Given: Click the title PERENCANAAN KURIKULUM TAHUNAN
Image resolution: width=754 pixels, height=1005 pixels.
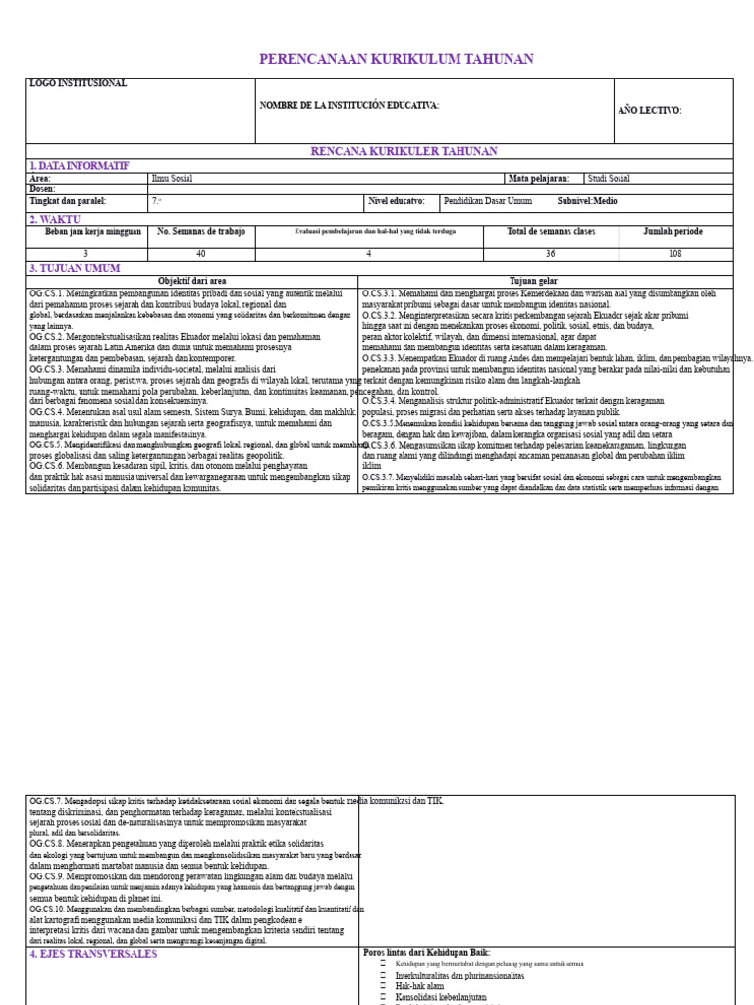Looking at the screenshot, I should tap(383, 60).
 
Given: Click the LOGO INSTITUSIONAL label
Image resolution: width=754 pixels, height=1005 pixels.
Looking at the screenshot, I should tap(79, 84).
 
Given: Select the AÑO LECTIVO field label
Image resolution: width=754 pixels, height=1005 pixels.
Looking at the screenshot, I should tap(649, 110).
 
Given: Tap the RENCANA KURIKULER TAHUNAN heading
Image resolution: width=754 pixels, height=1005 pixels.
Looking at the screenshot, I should tap(404, 151).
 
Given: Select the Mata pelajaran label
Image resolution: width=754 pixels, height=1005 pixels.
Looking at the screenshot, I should tap(538, 179).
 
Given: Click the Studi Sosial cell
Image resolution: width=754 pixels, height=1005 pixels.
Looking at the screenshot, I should tap(609, 179).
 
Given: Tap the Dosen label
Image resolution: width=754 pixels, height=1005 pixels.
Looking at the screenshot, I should tap(43, 189).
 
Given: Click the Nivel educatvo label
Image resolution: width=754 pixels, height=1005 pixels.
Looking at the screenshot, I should tap(397, 201).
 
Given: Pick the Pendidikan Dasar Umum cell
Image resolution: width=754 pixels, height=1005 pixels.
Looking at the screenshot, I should tap(488, 201).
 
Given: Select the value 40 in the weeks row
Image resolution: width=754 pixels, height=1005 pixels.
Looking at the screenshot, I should tap(201, 254).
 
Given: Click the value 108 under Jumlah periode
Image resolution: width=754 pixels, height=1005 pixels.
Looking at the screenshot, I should tap(674, 254).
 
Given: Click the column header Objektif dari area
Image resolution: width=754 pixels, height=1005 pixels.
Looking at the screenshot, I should tap(192, 281).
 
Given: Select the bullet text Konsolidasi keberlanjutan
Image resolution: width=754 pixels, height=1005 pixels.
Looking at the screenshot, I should tap(441, 997).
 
